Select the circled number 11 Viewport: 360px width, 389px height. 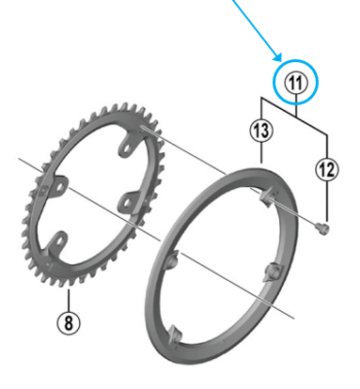(296, 84)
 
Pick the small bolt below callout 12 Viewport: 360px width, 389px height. (324, 226)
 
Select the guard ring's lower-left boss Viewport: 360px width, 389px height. (175, 333)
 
